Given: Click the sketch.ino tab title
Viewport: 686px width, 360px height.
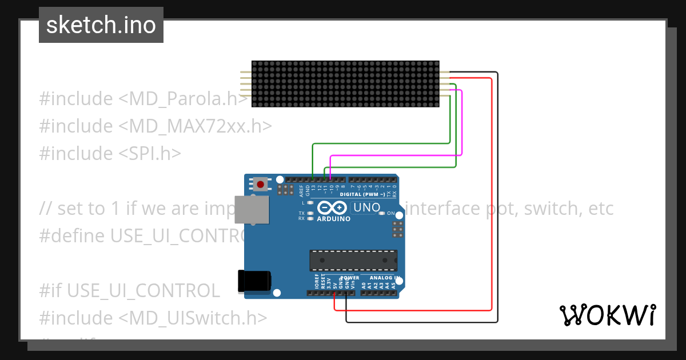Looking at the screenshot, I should coord(101,25).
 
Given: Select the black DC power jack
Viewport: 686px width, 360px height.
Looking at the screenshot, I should coord(254,282).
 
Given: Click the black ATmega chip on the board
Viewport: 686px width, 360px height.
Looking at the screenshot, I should coord(353,260).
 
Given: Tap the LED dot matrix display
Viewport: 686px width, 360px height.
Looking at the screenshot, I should coord(345,83).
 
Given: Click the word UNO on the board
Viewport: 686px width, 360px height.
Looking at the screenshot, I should coord(367,207).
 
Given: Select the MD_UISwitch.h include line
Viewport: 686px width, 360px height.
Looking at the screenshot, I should coord(153,318).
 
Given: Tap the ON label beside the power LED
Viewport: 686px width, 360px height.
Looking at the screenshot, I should coord(391,213).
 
